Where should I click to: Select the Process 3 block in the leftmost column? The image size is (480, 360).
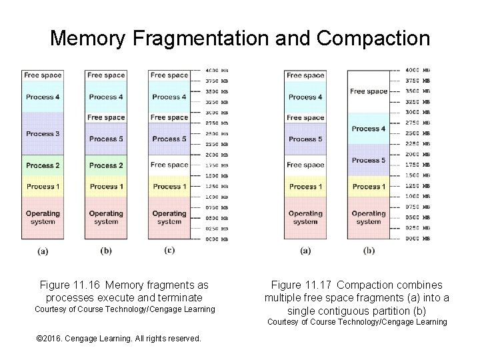(x=43, y=134)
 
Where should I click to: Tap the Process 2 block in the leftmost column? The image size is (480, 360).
(x=43, y=165)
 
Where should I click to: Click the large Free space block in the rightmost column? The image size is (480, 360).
(x=369, y=91)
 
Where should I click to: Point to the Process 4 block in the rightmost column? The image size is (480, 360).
(x=369, y=129)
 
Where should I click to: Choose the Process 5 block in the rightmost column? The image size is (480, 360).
(x=369, y=160)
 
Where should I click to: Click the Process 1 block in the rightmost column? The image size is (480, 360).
(x=369, y=187)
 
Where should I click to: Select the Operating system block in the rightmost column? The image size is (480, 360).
(x=369, y=218)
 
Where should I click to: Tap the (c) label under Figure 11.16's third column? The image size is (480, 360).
(x=169, y=250)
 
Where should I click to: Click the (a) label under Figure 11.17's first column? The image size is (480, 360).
(x=305, y=251)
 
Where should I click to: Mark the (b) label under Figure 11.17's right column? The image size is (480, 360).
(x=369, y=251)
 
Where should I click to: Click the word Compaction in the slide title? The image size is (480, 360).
(x=373, y=38)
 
